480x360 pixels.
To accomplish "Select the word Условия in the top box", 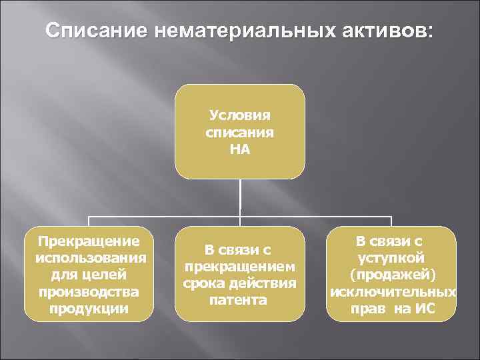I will click(240, 117).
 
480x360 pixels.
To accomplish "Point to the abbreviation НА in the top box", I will click(240, 149).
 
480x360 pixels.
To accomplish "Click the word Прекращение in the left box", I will click(89, 240).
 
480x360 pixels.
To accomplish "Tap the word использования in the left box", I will click(89, 257).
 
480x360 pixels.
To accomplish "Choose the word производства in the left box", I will click(89, 292).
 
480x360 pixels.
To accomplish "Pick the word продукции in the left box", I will click(89, 309).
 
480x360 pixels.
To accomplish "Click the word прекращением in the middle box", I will click(239, 267).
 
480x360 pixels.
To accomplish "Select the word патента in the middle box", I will click(239, 300).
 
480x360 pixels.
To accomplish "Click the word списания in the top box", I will click(240, 133).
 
